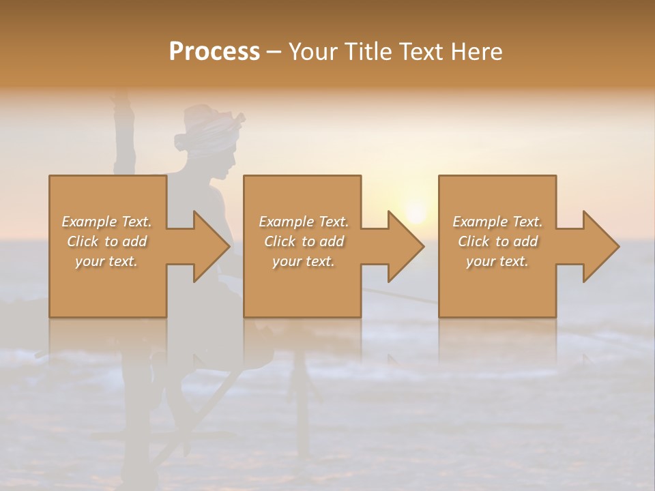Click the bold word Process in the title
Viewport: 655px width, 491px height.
[x=214, y=52]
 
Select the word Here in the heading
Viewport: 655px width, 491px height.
[x=477, y=52]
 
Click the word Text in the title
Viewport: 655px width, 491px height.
[x=421, y=52]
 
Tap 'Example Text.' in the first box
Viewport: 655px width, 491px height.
[x=106, y=222]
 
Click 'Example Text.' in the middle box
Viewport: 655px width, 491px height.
[x=303, y=222]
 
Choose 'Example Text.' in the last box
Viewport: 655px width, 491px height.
[x=497, y=222]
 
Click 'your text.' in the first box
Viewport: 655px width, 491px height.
[x=106, y=261]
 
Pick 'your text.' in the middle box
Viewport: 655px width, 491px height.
[x=303, y=261]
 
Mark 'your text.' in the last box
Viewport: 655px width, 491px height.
[x=497, y=261]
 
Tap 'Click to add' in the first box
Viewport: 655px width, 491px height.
[x=106, y=241]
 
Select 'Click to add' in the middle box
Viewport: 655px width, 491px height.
[x=303, y=241]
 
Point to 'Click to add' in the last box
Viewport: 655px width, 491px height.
[x=497, y=241]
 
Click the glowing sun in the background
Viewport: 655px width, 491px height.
[x=415, y=211]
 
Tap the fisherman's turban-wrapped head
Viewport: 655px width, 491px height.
[x=209, y=126]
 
